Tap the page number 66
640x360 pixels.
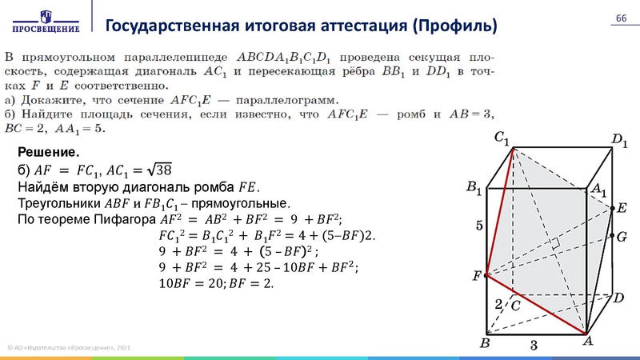(x=620, y=19)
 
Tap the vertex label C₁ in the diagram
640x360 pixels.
(x=502, y=138)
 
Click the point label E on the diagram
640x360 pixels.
(x=622, y=208)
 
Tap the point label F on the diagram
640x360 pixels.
(x=478, y=276)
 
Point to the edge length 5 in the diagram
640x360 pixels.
(x=479, y=226)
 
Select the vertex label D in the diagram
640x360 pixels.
(x=618, y=298)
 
